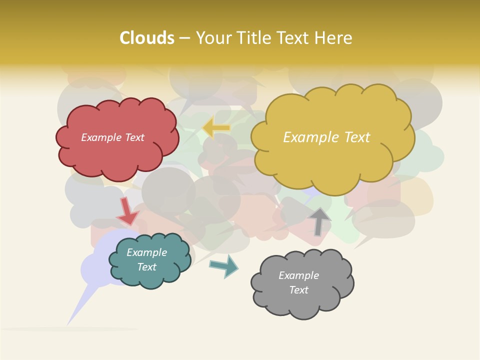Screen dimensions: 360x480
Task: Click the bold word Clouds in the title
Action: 147,38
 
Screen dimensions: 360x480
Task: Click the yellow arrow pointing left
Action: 216,128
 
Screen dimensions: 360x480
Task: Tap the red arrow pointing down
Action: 127,211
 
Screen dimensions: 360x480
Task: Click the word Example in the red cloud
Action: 101,137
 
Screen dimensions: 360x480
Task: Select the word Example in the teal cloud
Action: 146,252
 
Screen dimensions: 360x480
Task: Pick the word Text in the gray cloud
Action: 298,290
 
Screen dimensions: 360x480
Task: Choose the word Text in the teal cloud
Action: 146,267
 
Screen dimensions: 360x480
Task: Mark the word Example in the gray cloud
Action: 298,275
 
